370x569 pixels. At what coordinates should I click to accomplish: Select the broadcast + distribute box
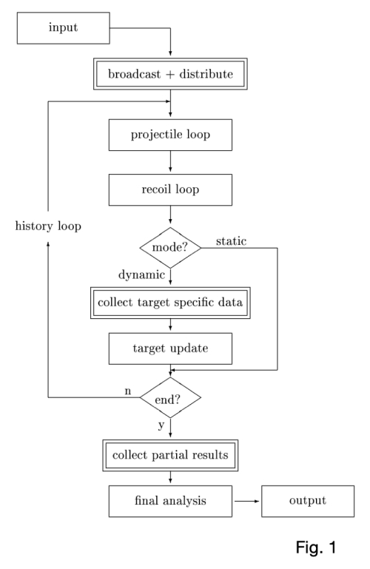pos(170,75)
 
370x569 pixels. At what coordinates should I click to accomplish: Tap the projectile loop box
pos(170,135)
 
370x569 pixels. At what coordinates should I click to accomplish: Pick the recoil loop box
pos(170,189)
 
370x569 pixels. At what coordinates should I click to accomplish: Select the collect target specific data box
pos(170,302)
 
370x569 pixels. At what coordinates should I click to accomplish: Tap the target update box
pos(170,348)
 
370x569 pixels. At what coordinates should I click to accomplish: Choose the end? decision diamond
pos(171,401)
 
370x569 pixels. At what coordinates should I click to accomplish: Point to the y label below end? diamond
pos(161,425)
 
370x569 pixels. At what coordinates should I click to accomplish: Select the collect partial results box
pos(170,454)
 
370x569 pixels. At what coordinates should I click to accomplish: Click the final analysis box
pos(170,501)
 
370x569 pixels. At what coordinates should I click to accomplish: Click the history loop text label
pos(48,225)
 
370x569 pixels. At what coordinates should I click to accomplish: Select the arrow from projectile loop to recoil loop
pos(171,162)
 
